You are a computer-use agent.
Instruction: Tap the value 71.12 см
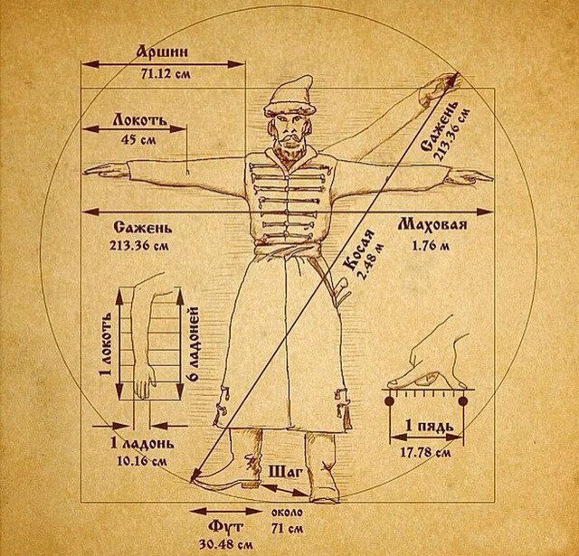[164, 72]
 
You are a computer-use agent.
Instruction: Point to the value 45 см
[135, 139]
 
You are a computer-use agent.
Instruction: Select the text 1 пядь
[422, 427]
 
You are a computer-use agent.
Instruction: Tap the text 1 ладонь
[136, 442]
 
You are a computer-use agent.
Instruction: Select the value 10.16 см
[138, 460]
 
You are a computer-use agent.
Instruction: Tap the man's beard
[289, 148]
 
